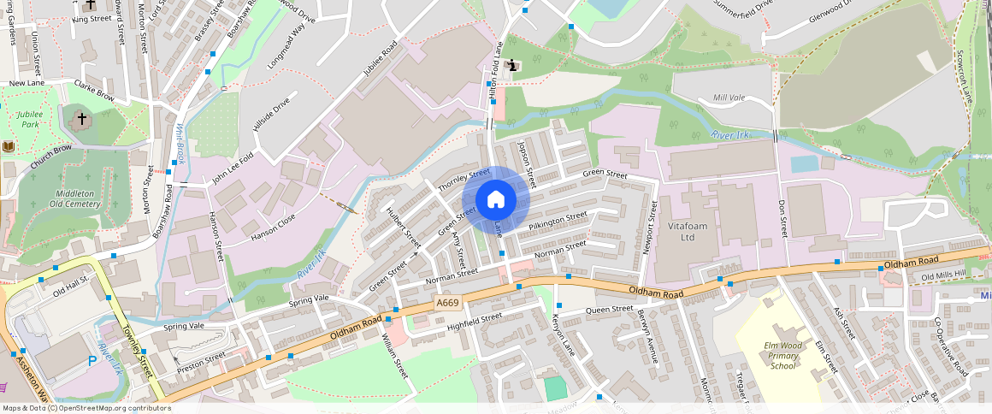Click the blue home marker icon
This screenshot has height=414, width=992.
click(x=496, y=200)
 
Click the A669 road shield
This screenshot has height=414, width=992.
click(x=447, y=303)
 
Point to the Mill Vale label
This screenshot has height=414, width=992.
click(x=729, y=98)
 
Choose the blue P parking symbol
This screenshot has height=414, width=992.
click(x=92, y=362)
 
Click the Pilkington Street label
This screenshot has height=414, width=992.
click(x=558, y=221)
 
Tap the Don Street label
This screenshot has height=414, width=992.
click(x=782, y=219)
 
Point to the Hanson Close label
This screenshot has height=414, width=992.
click(x=273, y=226)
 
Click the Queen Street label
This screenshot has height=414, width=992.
click(x=609, y=309)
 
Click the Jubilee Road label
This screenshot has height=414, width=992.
click(x=381, y=58)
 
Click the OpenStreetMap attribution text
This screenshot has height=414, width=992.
click(x=87, y=408)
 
